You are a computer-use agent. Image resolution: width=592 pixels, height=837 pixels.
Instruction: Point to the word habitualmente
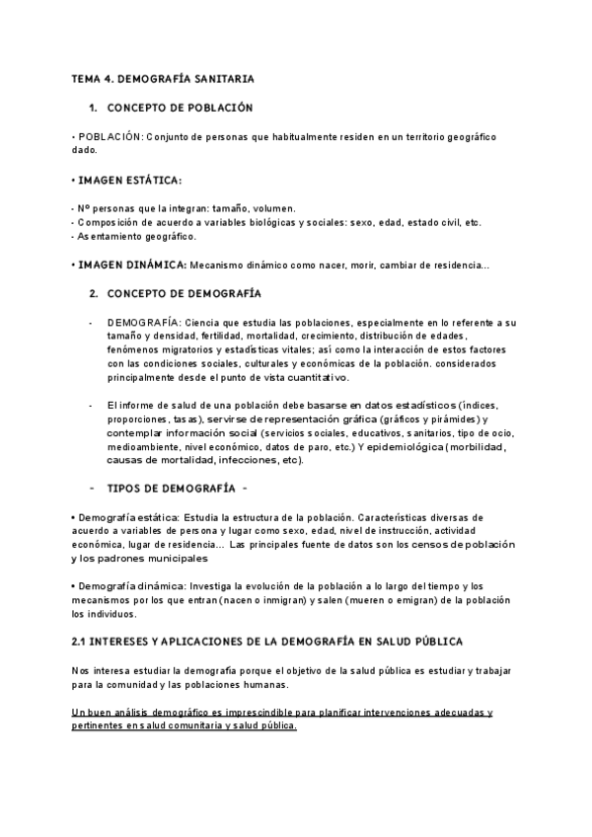(x=283, y=136)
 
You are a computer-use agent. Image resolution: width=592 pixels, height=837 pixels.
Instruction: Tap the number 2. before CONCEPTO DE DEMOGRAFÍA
(x=93, y=294)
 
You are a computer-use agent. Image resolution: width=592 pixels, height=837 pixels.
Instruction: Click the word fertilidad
(x=198, y=337)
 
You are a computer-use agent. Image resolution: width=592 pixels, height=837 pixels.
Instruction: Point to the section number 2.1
(x=81, y=642)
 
